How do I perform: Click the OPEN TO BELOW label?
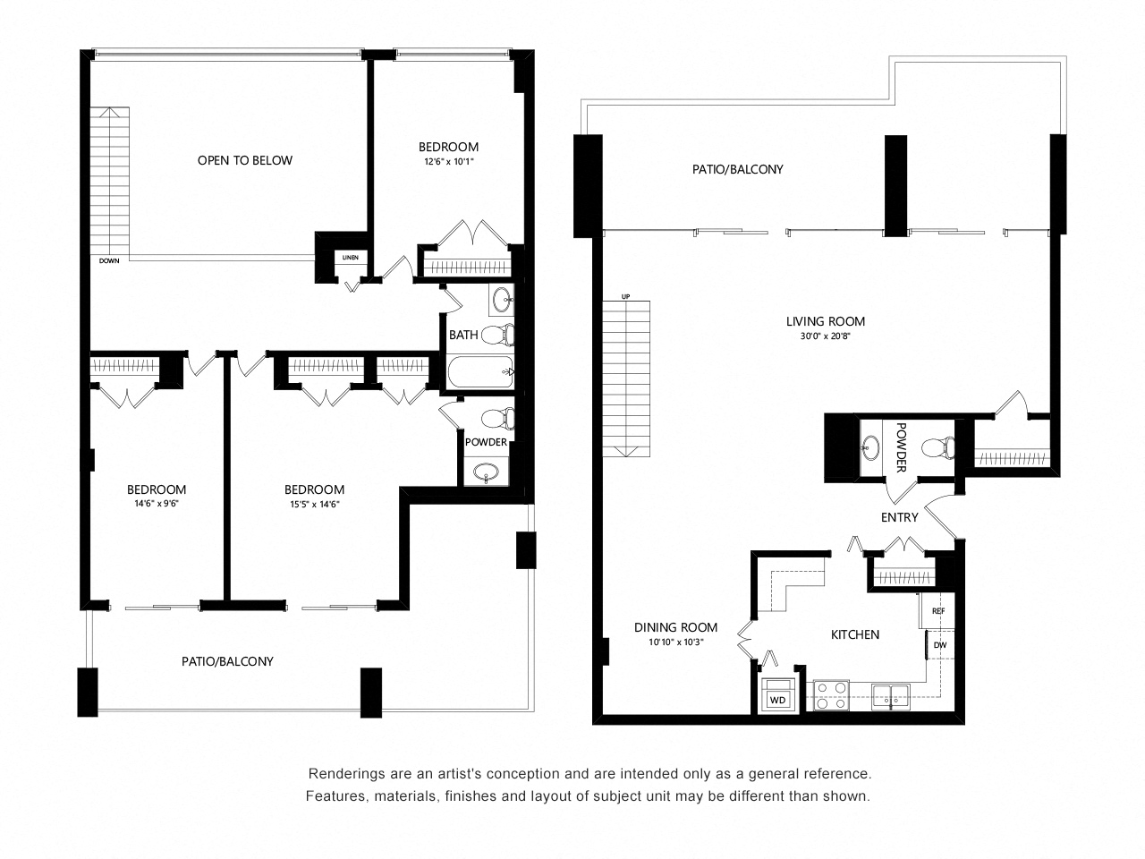[244, 160]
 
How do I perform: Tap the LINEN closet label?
[349, 258]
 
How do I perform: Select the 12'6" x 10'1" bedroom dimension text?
[448, 162]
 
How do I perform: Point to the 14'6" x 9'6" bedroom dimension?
[156, 504]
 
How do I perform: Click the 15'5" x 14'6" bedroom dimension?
[313, 504]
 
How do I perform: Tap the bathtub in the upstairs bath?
[481, 371]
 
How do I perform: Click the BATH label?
[463, 335]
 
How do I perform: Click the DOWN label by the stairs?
[109, 261]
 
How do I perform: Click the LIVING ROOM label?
[825, 321]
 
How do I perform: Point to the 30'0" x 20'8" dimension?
[825, 336]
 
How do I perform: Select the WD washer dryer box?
[778, 699]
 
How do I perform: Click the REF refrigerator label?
[938, 611]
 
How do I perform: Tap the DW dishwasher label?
[940, 644]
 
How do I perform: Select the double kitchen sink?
[890, 693]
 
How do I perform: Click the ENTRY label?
[899, 517]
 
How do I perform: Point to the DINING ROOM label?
[675, 627]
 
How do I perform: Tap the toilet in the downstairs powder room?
[937, 445]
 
